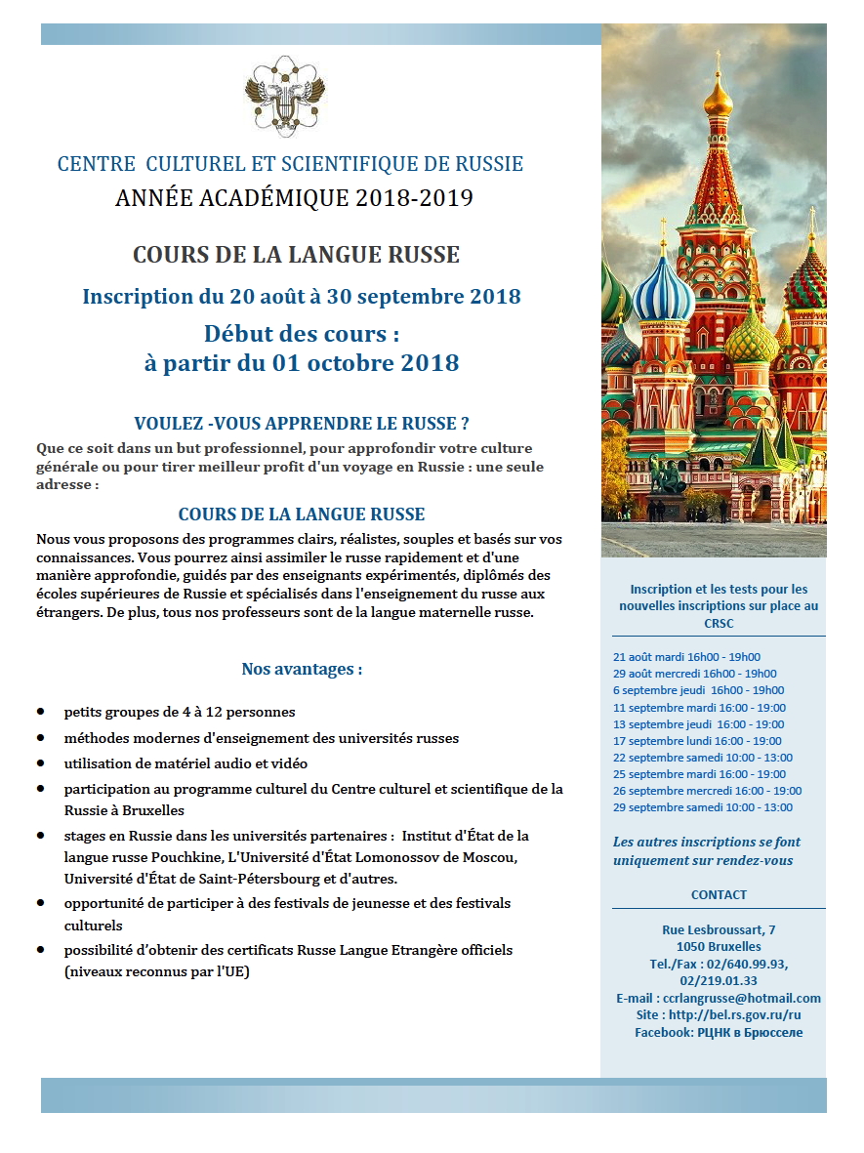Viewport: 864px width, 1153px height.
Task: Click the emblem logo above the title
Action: coord(283,96)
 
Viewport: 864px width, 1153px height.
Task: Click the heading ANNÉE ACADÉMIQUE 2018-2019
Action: coord(294,198)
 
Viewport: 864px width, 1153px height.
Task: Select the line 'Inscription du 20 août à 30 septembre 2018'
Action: coord(301,296)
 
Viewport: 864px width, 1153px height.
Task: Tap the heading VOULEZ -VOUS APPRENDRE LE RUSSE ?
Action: coord(301,424)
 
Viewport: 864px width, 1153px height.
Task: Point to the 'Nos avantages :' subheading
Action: coord(302,670)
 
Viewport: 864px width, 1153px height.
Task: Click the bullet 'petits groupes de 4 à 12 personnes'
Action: coord(180,712)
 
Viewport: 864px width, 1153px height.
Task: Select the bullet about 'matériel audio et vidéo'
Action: coord(185,763)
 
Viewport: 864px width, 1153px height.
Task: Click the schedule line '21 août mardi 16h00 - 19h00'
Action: coord(686,657)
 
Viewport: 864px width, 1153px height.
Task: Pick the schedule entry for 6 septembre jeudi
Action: coord(698,690)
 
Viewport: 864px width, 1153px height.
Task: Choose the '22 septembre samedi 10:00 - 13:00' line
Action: coord(702,758)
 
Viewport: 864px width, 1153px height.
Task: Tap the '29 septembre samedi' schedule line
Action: coord(702,807)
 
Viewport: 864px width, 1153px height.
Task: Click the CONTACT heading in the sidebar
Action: coord(719,894)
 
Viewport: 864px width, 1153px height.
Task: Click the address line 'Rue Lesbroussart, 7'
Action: coord(719,929)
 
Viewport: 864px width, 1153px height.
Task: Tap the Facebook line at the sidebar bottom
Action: coord(719,1032)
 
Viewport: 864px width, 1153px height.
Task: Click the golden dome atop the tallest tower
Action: coord(718,97)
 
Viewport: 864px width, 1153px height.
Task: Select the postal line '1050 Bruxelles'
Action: coord(719,946)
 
